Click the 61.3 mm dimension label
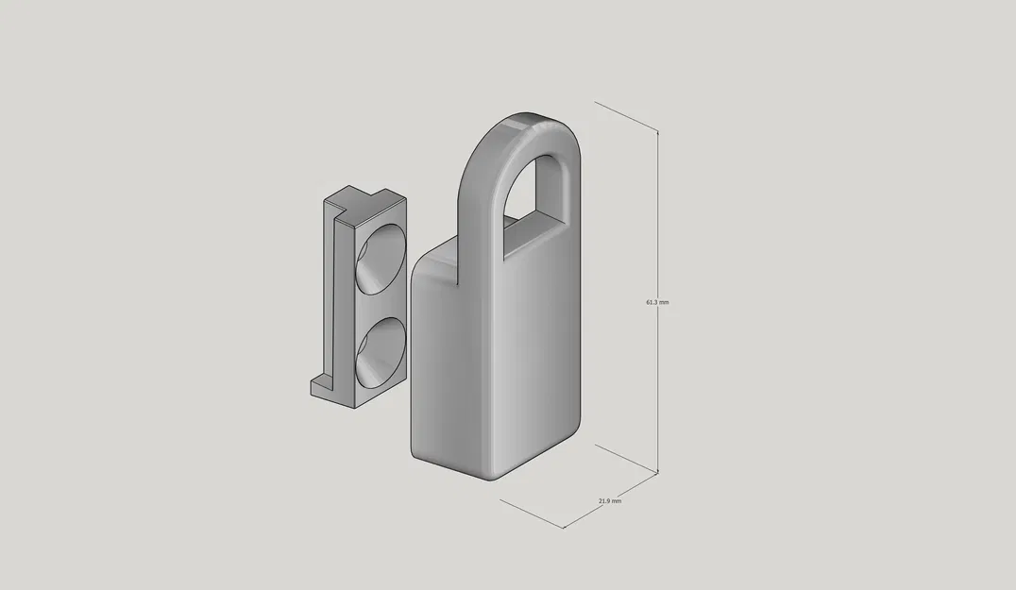click(657, 302)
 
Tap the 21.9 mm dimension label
click(610, 501)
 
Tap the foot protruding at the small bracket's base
click(321, 384)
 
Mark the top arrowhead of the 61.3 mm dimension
click(657, 133)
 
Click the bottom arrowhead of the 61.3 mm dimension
click(657, 469)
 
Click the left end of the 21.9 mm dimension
click(500, 499)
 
